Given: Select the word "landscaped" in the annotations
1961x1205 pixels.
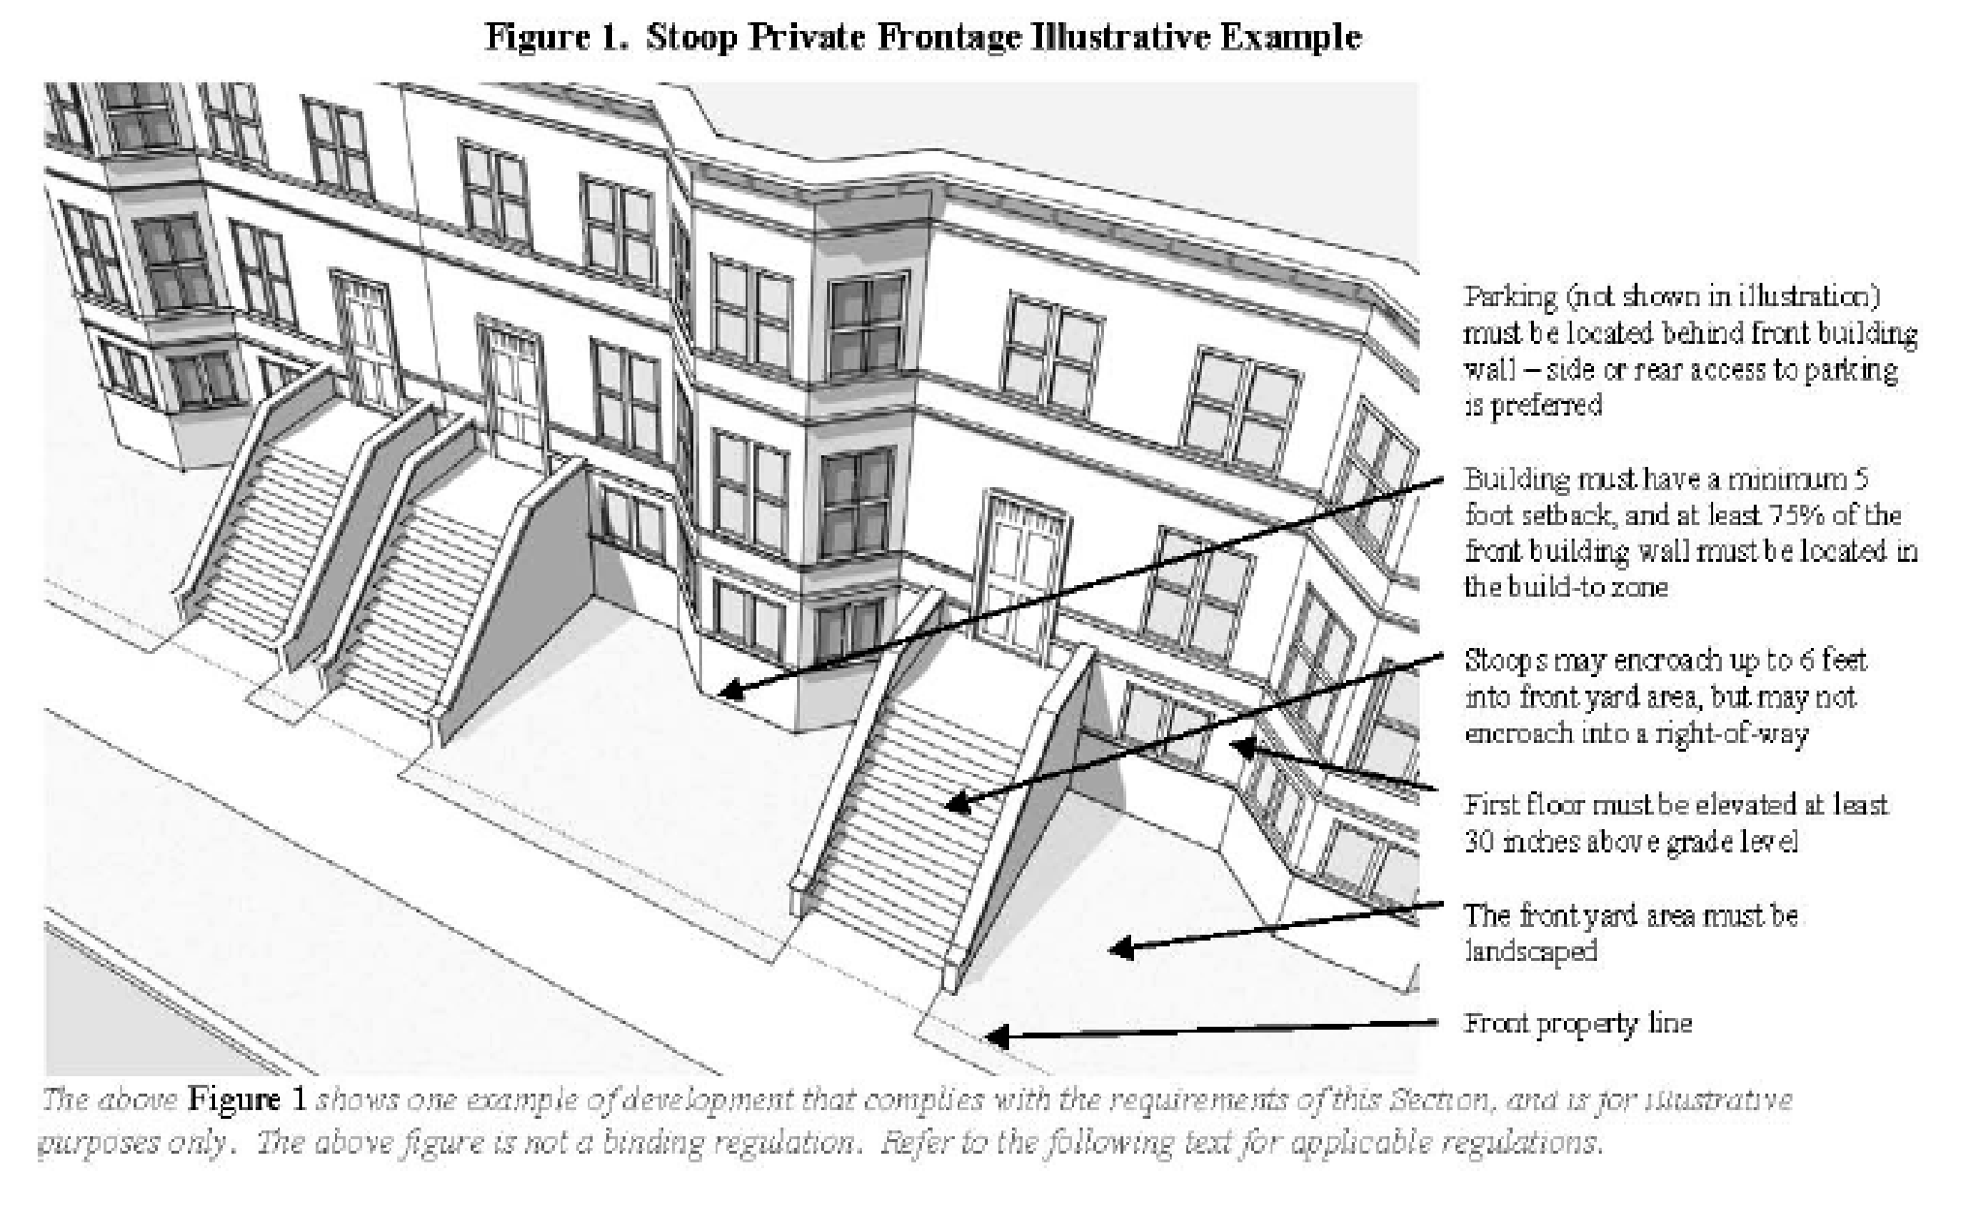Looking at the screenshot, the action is pos(1530,951).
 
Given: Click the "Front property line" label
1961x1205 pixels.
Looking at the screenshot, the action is pos(1578,1023).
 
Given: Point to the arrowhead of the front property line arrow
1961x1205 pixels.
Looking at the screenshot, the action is pos(994,1035).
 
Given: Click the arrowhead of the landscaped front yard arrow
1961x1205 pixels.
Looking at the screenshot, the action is pos(1119,947).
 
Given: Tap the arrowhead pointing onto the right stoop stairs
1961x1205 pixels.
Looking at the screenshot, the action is pos(955,803).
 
